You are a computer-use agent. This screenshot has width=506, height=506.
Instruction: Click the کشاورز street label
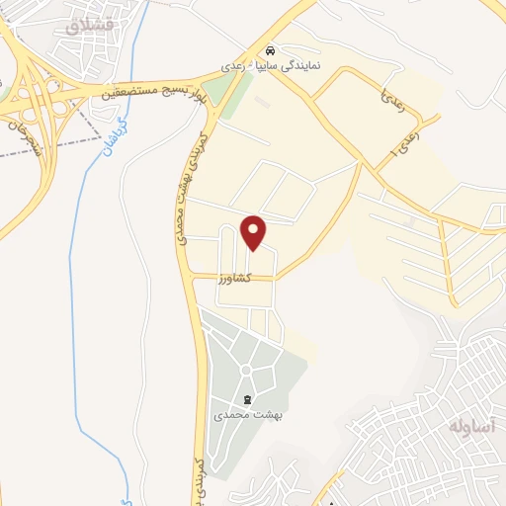point(235,280)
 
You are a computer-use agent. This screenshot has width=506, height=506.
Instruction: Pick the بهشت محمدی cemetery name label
point(243,416)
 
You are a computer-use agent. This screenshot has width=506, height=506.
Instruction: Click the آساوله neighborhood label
point(470,427)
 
